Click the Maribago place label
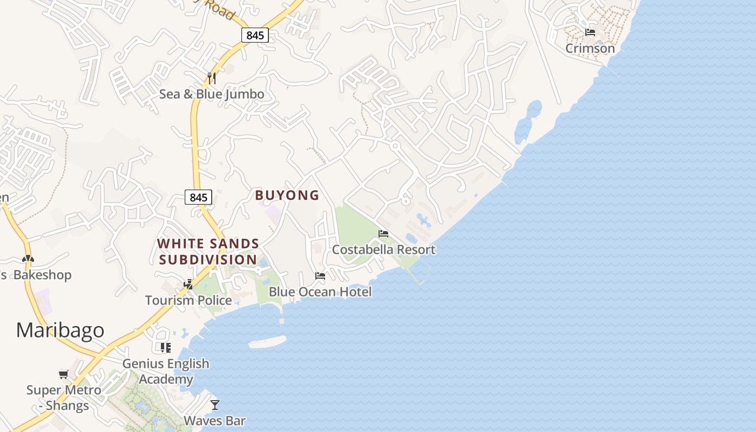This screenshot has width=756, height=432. (60, 330)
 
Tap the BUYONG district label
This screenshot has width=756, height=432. (287, 195)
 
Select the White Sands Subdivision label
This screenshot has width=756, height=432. (208, 252)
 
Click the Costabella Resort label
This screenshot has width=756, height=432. (383, 249)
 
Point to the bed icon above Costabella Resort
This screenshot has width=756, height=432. (383, 234)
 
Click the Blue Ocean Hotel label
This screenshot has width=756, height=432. (320, 292)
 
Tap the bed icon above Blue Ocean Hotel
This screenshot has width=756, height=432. (320, 276)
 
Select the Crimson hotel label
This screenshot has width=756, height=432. (590, 49)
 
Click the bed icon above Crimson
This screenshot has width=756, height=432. (590, 32)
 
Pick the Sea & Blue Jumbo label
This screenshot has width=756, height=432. (212, 94)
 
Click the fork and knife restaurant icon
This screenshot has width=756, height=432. (212, 78)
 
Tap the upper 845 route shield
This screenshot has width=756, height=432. (255, 36)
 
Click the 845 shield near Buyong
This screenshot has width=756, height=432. (199, 198)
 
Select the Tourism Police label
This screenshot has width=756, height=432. (188, 300)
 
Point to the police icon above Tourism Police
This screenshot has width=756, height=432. (188, 284)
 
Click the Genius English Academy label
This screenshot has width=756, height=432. (165, 372)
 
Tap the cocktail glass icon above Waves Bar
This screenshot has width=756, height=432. (215, 405)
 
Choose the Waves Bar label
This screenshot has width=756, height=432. (215, 421)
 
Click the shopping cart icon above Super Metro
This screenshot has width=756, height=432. (64, 374)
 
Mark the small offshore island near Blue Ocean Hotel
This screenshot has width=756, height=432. (267, 342)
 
